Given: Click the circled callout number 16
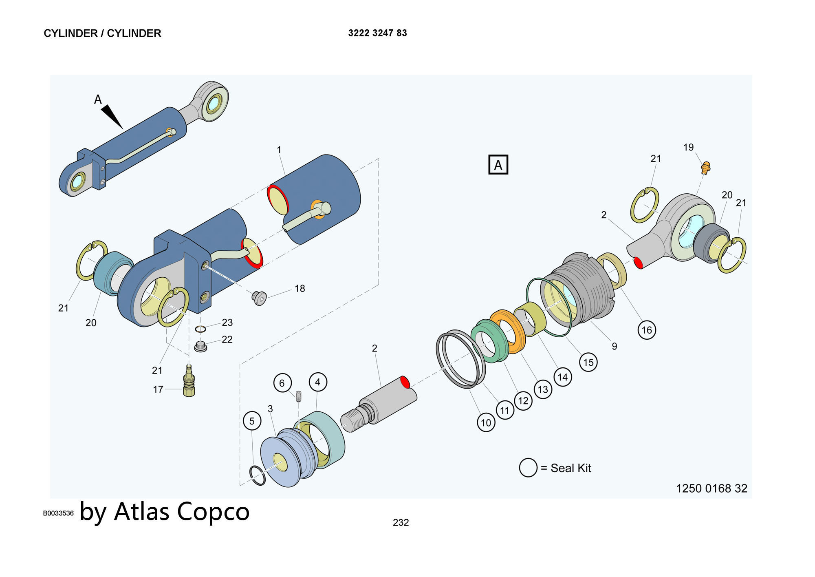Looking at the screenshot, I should (647, 330).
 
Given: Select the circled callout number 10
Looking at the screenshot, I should (486, 422).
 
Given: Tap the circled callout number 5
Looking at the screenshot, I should (252, 421).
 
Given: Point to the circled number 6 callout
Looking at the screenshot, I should (282, 383).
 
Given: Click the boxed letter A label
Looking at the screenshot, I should (498, 165).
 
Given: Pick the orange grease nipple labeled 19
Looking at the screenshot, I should (706, 167).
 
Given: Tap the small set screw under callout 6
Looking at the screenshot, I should (298, 396).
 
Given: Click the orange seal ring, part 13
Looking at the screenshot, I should (507, 332).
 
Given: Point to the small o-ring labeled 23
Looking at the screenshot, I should (200, 329).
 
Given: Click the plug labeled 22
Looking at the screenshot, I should (200, 347).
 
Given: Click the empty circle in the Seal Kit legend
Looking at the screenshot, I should (528, 467).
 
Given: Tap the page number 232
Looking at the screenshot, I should (401, 522).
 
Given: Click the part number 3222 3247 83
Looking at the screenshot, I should (377, 33).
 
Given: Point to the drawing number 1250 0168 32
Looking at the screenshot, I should (711, 488).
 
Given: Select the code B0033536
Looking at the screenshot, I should (58, 513).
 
